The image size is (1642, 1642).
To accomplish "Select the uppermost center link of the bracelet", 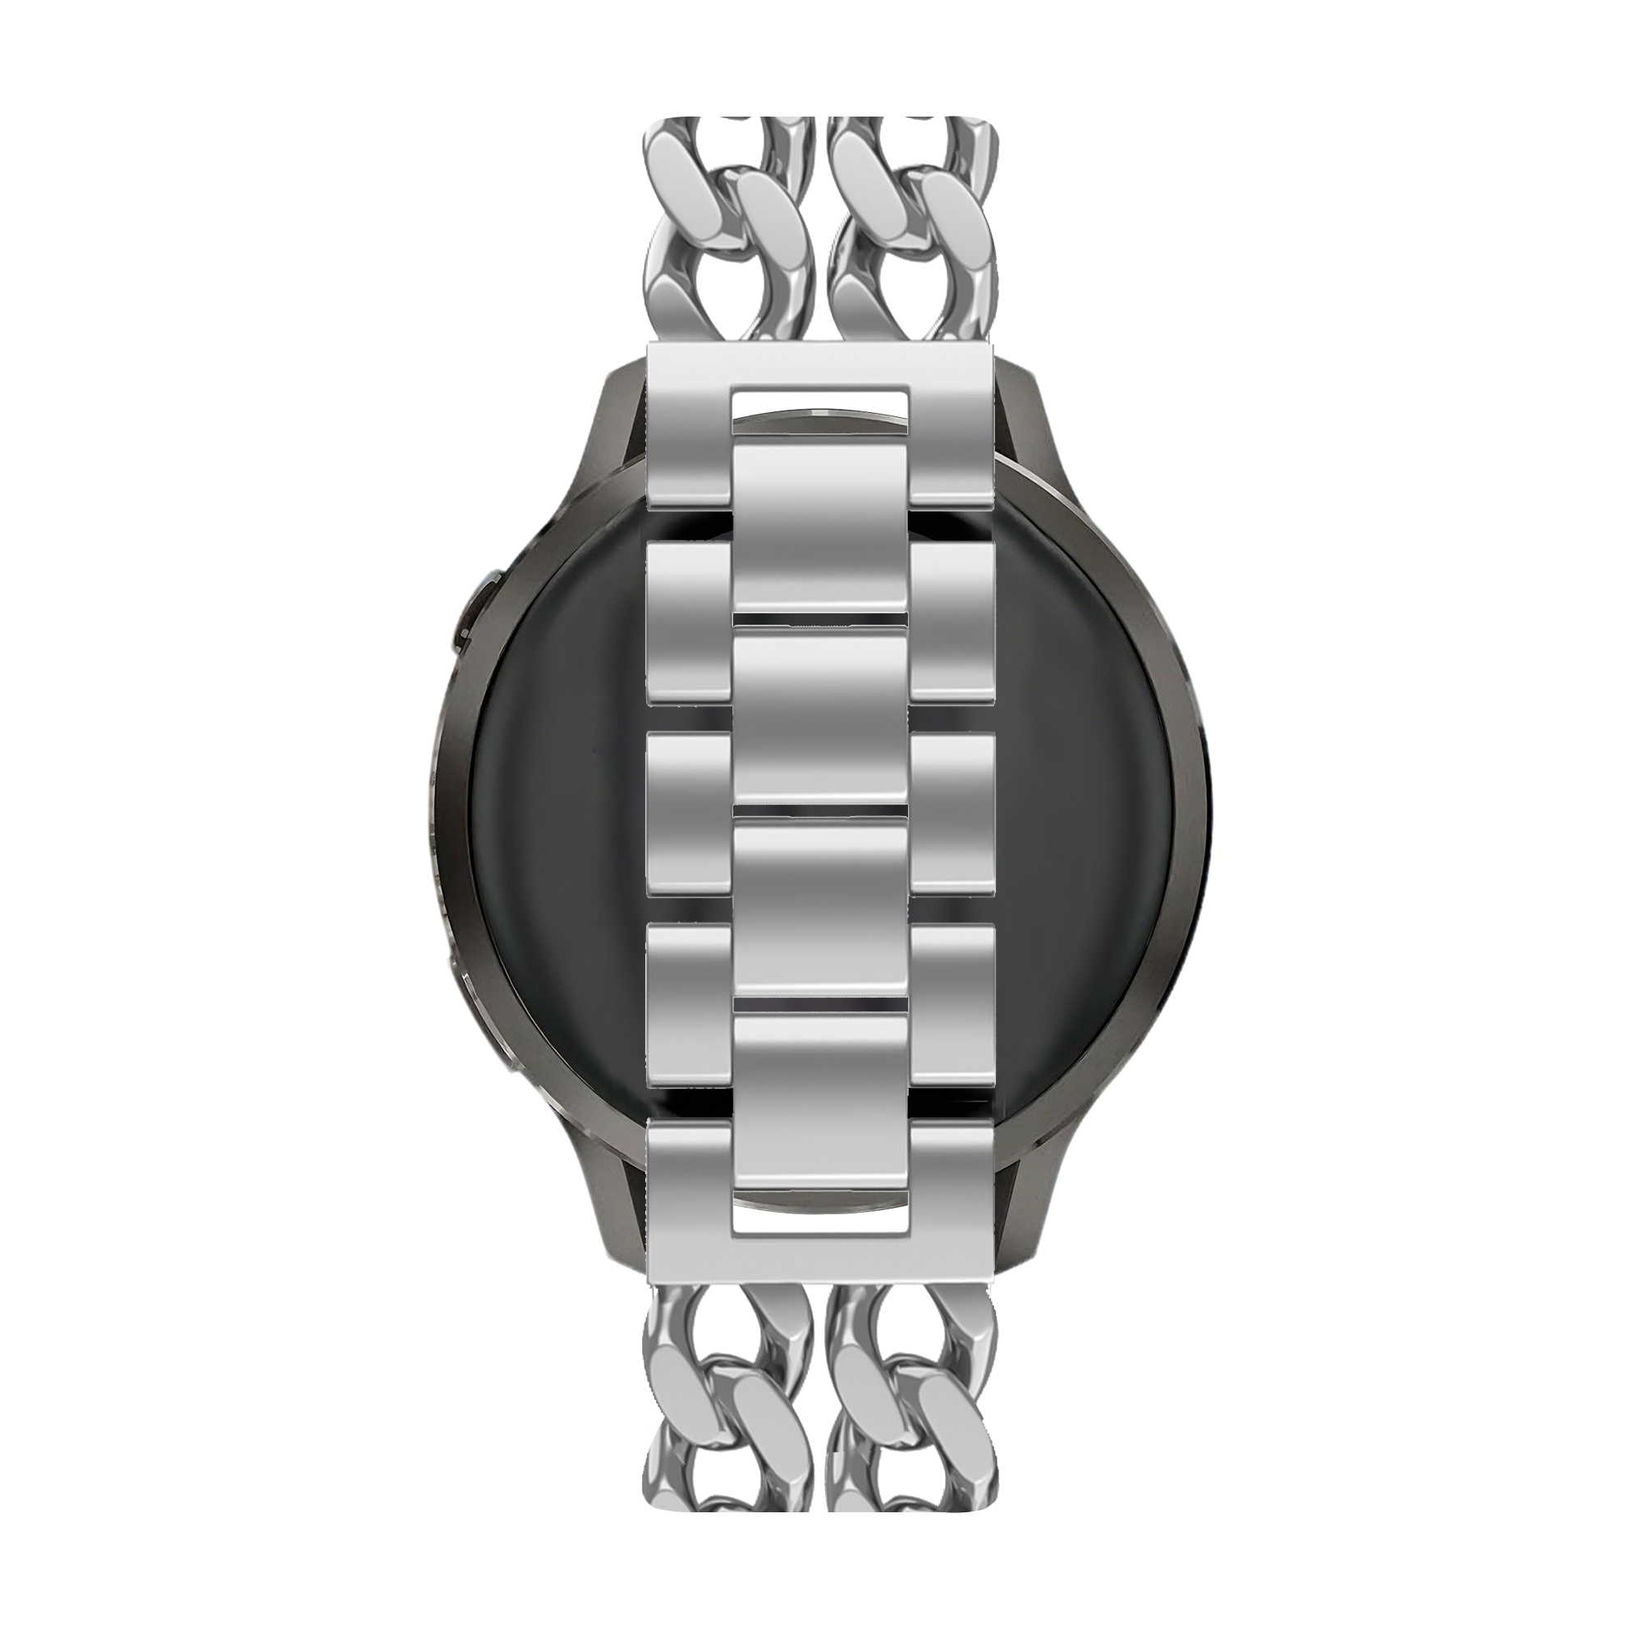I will coord(821,527).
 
